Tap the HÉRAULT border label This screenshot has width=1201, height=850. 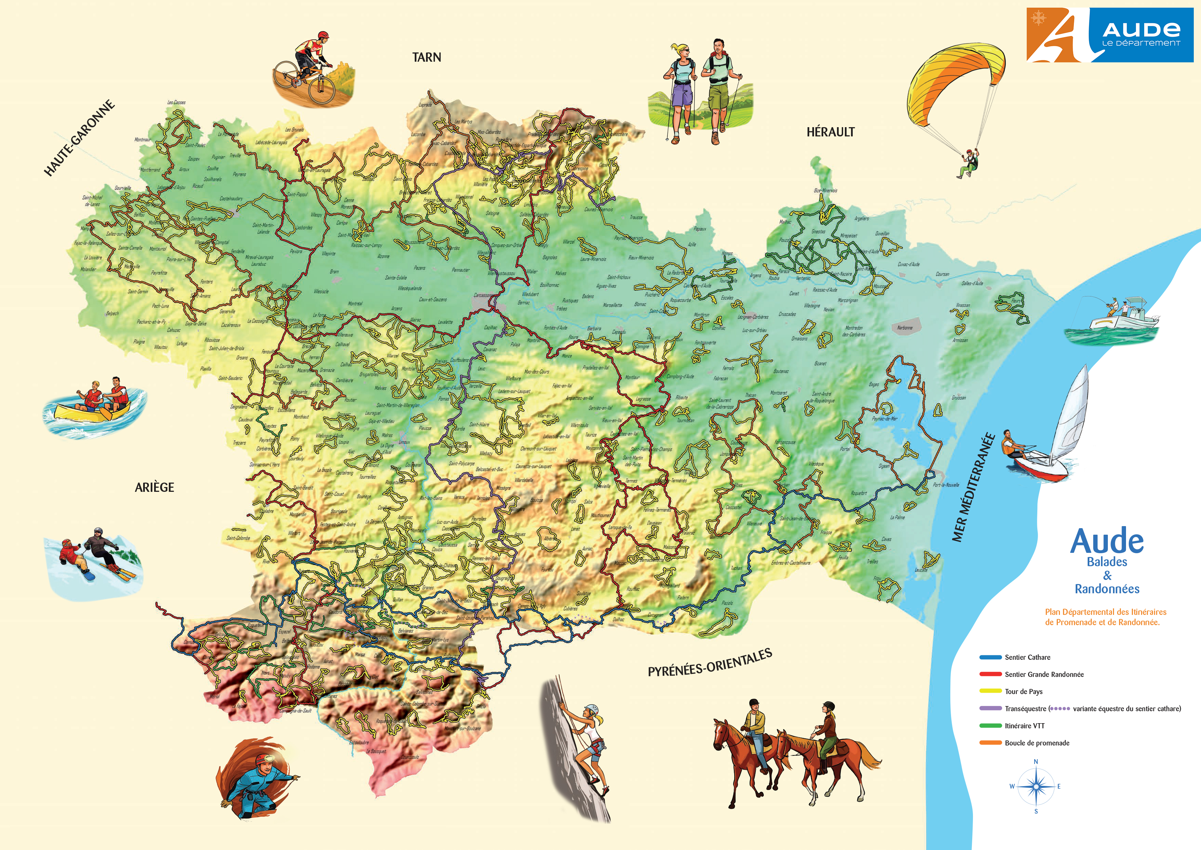[830, 132]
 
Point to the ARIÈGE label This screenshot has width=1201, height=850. [154, 487]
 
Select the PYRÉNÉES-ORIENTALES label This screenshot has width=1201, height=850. [710, 663]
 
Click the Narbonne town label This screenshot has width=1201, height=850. [904, 328]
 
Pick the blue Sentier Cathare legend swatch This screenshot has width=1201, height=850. [990, 657]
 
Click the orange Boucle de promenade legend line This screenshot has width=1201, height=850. [990, 743]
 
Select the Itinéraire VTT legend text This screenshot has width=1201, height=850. [1024, 726]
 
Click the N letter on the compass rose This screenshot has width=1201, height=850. [1036, 762]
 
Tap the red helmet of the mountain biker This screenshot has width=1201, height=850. [323, 35]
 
